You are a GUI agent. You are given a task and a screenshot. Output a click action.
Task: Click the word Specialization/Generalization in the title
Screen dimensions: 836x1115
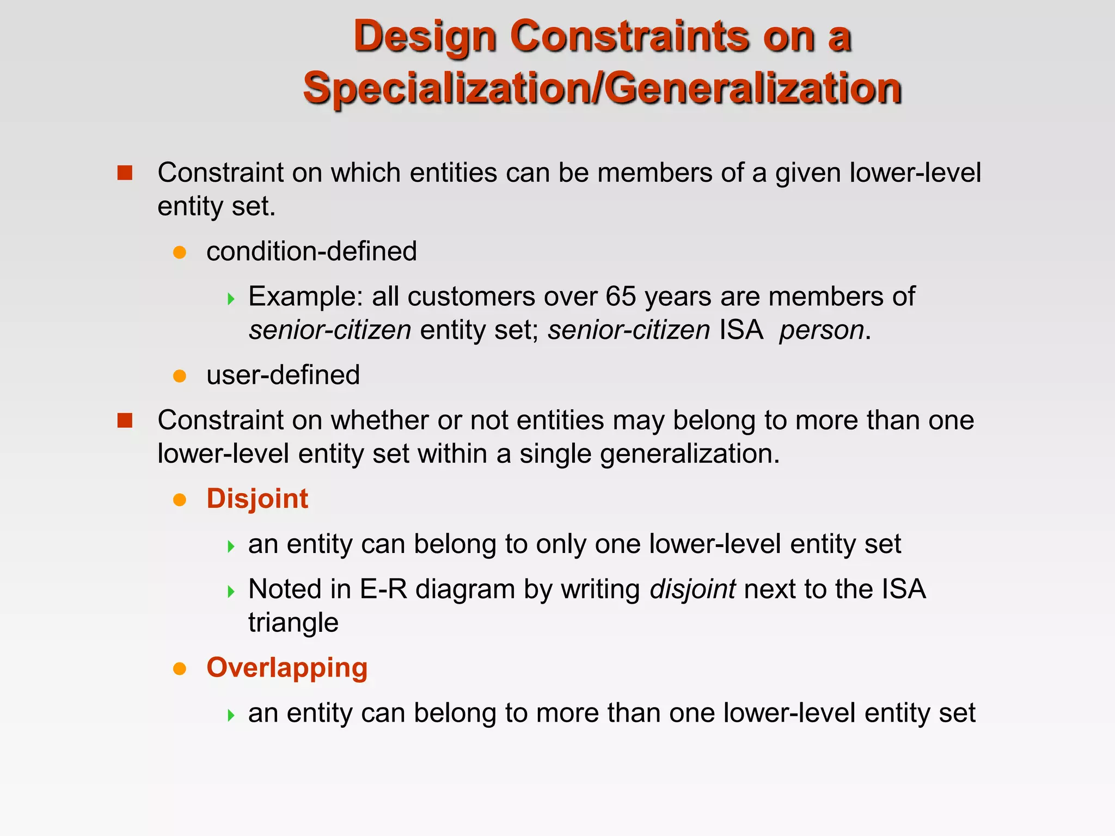point(602,89)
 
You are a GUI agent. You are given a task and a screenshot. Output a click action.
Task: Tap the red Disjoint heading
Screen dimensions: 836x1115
point(257,499)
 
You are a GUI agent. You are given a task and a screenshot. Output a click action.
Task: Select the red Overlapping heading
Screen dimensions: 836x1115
point(287,667)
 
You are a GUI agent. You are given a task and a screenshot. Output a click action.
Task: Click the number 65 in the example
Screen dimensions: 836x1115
point(621,297)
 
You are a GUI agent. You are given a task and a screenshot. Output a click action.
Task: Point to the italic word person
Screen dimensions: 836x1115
point(822,330)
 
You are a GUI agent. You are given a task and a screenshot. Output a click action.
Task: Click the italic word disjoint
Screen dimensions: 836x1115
point(693,589)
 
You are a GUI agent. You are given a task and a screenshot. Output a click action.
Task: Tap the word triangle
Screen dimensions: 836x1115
point(293,623)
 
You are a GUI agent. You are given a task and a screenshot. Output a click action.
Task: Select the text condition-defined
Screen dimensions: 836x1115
point(311,251)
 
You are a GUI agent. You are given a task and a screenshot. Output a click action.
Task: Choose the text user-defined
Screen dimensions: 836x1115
point(283,375)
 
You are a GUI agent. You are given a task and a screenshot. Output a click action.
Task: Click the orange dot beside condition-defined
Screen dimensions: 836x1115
point(180,253)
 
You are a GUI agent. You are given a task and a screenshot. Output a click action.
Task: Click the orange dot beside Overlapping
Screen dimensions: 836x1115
point(180,668)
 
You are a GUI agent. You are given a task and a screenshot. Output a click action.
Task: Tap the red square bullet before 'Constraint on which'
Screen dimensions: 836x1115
point(125,173)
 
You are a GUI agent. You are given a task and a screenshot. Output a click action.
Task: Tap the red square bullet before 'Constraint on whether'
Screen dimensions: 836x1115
point(125,421)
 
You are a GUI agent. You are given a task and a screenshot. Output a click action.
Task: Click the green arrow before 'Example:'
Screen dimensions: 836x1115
point(231,298)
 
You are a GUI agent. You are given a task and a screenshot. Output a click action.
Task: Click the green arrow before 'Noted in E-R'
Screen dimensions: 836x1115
point(231,591)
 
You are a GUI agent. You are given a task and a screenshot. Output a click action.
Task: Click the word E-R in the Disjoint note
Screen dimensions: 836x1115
point(383,589)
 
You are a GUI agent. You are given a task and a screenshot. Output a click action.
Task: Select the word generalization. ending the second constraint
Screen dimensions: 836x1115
point(690,454)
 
